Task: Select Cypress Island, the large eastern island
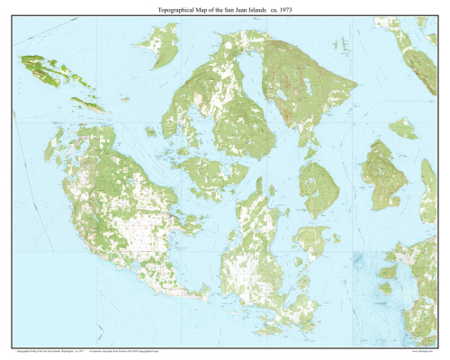[x=382, y=171]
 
